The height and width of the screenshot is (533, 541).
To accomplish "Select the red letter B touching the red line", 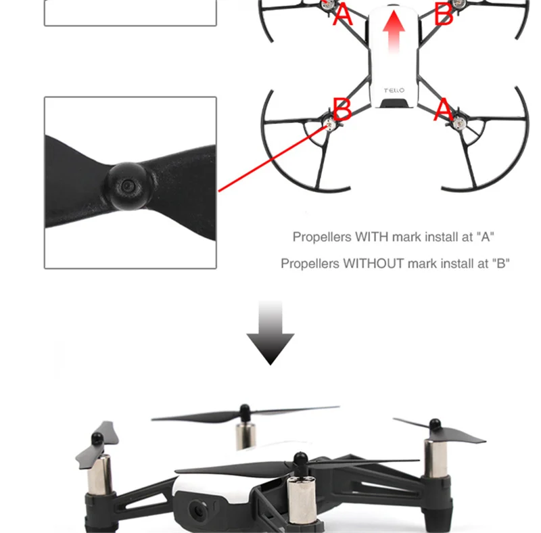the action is click(342, 109).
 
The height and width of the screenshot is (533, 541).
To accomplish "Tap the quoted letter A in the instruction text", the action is click(484, 237).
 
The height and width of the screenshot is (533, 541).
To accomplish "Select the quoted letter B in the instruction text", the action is click(501, 264).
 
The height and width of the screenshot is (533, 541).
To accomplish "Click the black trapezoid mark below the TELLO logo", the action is click(394, 105).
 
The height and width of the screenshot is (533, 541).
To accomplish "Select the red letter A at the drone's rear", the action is click(444, 109).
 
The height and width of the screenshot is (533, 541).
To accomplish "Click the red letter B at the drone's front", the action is click(444, 14).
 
